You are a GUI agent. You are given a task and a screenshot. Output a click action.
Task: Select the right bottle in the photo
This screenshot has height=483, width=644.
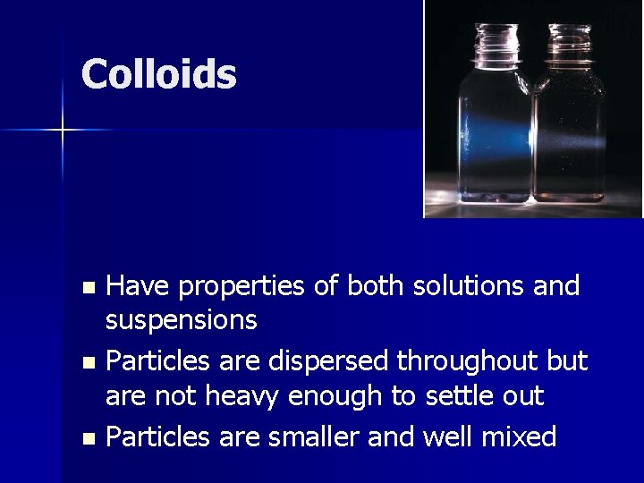click(570, 125)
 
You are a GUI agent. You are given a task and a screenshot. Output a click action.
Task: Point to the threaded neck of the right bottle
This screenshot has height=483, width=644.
click(570, 42)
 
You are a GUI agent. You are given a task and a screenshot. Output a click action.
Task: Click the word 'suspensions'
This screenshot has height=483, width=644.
click(182, 319)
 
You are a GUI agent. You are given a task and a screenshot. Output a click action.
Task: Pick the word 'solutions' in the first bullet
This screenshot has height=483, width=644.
click(465, 286)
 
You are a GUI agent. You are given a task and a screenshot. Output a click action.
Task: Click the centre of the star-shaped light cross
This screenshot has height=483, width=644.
click(63, 131)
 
